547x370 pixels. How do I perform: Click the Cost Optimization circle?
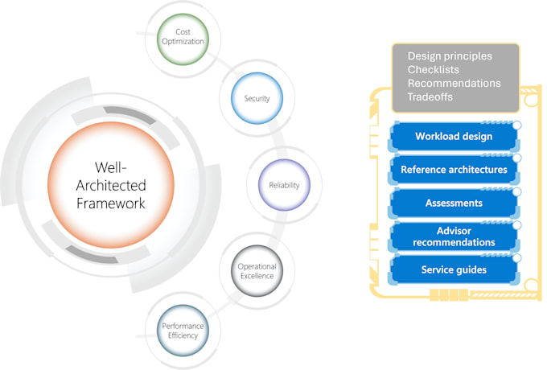(x=183, y=36)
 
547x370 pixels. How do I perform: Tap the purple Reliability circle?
(x=284, y=185)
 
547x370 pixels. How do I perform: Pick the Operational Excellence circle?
(x=256, y=270)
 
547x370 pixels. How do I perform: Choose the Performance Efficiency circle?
(x=183, y=330)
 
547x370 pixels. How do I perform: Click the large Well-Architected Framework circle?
(x=111, y=185)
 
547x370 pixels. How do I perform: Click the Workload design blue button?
(x=454, y=137)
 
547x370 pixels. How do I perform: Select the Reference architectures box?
(x=454, y=170)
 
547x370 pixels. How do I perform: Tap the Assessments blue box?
(x=454, y=203)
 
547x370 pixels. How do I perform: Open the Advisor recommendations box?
(x=454, y=236)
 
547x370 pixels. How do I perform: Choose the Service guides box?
(x=454, y=269)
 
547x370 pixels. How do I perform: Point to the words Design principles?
(x=450, y=56)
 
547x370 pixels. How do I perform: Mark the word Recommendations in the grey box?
(x=454, y=83)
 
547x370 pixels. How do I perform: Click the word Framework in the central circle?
(x=111, y=203)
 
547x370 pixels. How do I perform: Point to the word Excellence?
(x=256, y=276)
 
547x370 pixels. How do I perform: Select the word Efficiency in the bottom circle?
(x=183, y=335)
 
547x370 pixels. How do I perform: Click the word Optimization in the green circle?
(x=183, y=41)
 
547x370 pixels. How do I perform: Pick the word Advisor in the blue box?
(x=454, y=231)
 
